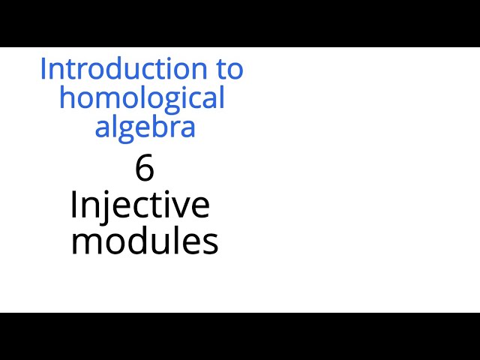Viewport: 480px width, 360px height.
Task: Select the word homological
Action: click(142, 97)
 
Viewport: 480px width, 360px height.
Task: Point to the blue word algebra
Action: click(145, 127)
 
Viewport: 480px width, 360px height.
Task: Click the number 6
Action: click(145, 168)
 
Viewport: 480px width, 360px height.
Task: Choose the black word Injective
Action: click(139, 204)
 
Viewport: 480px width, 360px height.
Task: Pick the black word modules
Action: click(145, 241)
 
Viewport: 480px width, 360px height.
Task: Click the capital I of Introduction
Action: click(43, 69)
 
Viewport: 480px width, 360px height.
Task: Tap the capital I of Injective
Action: click(73, 204)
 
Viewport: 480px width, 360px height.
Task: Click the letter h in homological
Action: click(67, 97)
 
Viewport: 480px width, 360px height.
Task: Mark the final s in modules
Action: click(211, 243)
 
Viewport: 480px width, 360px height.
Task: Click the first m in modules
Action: click(85, 243)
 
